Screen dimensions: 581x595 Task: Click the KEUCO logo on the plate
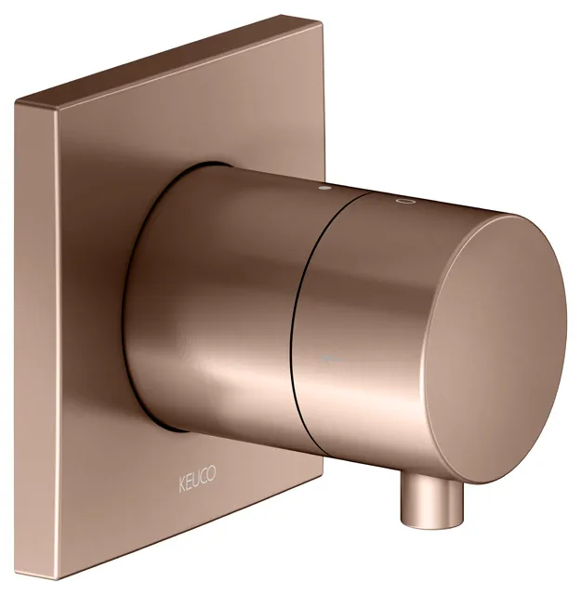(x=197, y=481)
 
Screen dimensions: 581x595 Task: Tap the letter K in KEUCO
(x=182, y=485)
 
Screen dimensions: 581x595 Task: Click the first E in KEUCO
(x=189, y=483)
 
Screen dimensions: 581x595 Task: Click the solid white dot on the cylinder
(x=324, y=187)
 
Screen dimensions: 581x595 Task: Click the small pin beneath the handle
(x=432, y=502)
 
